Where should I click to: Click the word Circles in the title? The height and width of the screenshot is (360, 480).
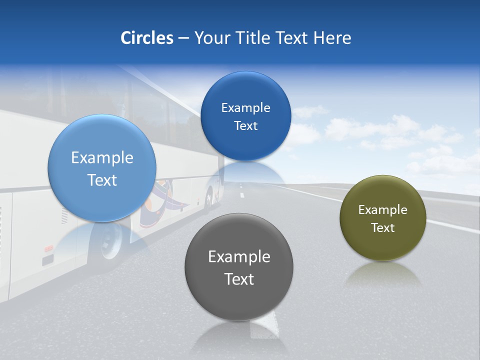(x=146, y=38)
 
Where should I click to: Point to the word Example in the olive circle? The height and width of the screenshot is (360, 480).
(x=383, y=210)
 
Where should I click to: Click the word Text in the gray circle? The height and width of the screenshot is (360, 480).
(x=239, y=279)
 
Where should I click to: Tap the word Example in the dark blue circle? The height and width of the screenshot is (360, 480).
(x=245, y=108)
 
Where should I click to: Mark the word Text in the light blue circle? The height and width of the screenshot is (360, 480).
(x=102, y=180)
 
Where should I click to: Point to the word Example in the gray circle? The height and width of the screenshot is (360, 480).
(x=239, y=257)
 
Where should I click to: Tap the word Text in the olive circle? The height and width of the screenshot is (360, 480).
(x=383, y=228)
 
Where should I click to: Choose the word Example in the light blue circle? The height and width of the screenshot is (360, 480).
(x=102, y=158)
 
